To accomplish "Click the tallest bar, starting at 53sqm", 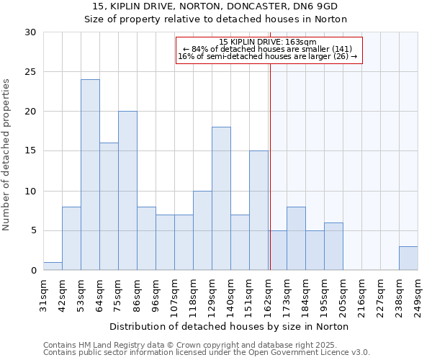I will [90, 175].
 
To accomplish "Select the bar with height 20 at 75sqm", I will [127, 191].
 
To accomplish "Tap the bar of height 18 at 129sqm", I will [221, 199].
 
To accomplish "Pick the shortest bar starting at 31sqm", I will [53, 266].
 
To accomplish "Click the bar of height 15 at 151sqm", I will [258, 210].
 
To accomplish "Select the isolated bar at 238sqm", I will [408, 258].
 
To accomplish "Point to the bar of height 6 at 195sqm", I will [333, 246].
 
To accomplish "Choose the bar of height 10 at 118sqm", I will [202, 230].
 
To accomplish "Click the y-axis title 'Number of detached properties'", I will [7, 151].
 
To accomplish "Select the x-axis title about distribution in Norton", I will [230, 326].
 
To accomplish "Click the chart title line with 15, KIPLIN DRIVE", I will [216, 6].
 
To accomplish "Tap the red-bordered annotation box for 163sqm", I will [269, 50].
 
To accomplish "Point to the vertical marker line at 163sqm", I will [270, 166].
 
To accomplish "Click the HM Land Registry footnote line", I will [205, 345].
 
